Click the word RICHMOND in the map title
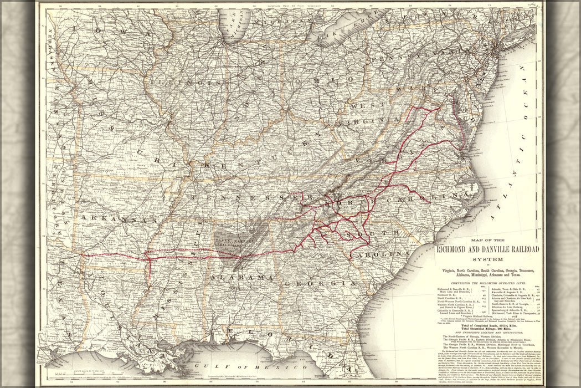[x=454, y=249]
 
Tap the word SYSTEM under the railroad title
[x=488, y=259]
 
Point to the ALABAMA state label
[x=241, y=277]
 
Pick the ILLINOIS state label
[x=188, y=81]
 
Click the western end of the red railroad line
[x=82, y=255]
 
